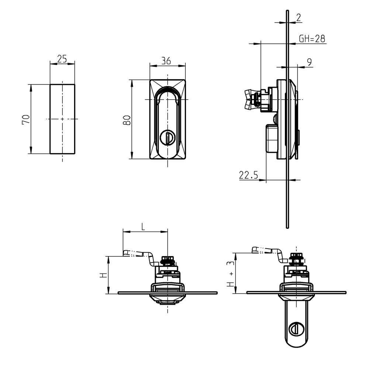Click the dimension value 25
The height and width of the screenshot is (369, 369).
(x=62, y=59)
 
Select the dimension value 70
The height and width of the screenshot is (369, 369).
(x=26, y=119)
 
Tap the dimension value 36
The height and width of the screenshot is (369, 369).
(x=166, y=61)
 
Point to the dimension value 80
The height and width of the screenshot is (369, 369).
(x=127, y=120)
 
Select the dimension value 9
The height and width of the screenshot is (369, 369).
(x=309, y=62)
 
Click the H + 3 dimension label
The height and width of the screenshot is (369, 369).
(x=230, y=273)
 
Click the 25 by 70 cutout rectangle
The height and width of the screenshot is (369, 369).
(x=62, y=119)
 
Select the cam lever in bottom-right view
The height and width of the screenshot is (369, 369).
(x=268, y=251)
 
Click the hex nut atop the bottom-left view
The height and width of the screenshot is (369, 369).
(x=168, y=260)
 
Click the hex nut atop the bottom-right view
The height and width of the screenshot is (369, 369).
(x=296, y=258)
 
